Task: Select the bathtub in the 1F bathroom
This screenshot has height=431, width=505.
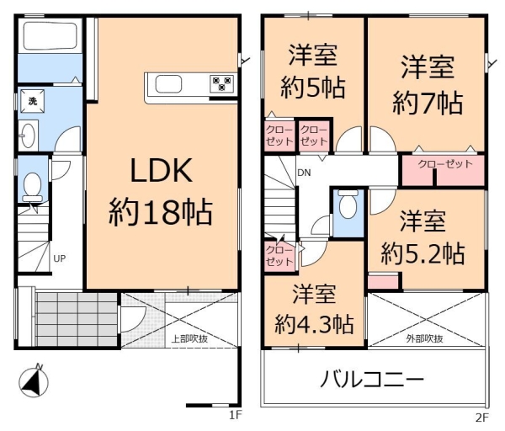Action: (x=49, y=37)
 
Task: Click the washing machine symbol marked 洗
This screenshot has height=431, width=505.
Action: (x=33, y=101)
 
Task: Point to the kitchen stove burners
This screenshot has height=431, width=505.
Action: (x=222, y=82)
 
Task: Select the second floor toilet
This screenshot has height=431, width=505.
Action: (x=348, y=205)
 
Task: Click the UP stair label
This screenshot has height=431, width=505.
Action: (x=60, y=258)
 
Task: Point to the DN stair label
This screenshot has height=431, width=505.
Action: (x=303, y=173)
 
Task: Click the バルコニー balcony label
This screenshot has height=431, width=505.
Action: (x=371, y=380)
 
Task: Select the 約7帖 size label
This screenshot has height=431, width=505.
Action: (x=427, y=104)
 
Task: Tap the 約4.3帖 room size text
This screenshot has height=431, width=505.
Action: (x=314, y=323)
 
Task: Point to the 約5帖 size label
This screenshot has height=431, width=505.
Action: (x=313, y=87)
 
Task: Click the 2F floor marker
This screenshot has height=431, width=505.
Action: (x=482, y=417)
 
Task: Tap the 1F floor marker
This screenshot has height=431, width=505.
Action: (x=236, y=415)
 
